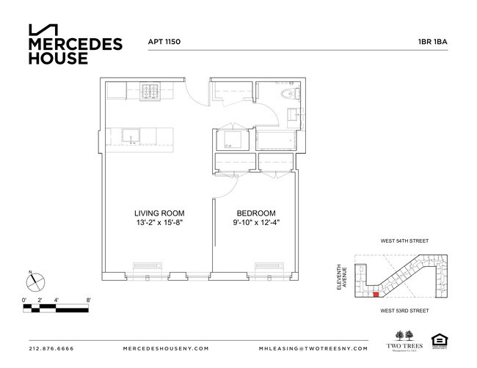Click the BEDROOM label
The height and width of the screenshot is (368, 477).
pyautogui.click(x=255, y=213)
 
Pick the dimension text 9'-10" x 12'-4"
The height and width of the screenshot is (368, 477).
pyautogui.click(x=255, y=223)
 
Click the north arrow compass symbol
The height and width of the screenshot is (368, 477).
pyautogui.click(x=36, y=282)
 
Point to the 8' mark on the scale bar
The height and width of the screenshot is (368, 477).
pyautogui.click(x=88, y=300)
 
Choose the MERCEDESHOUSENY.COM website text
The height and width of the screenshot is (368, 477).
pyautogui.click(x=164, y=348)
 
